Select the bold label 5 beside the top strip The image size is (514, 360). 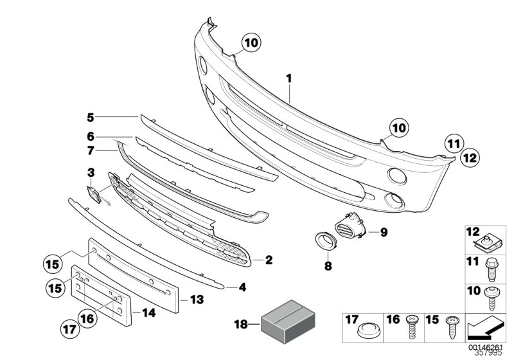91,117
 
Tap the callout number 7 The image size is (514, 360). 91,151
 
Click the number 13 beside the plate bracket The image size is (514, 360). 196,299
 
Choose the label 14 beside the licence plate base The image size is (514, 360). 149,314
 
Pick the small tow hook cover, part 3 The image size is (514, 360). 92,192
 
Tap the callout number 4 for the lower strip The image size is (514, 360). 242,287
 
